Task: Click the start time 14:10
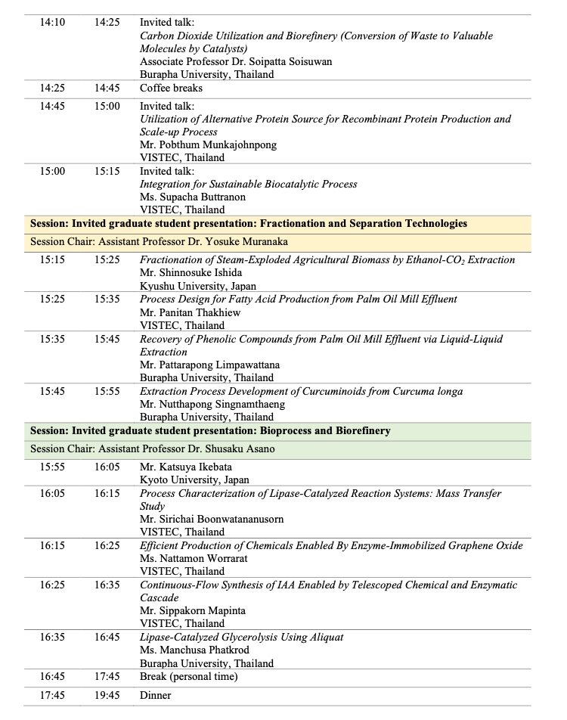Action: (x=52, y=22)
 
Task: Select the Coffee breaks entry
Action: (x=171, y=88)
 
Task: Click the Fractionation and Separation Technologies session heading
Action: (x=248, y=223)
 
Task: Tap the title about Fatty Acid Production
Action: (x=298, y=299)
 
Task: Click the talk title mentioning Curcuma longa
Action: (x=301, y=391)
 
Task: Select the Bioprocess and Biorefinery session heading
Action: (x=210, y=430)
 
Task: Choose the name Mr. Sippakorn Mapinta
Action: (x=193, y=610)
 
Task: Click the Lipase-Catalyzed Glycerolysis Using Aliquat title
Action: (x=242, y=637)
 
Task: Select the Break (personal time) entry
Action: (x=188, y=676)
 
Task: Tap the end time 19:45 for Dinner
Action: (x=107, y=695)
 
